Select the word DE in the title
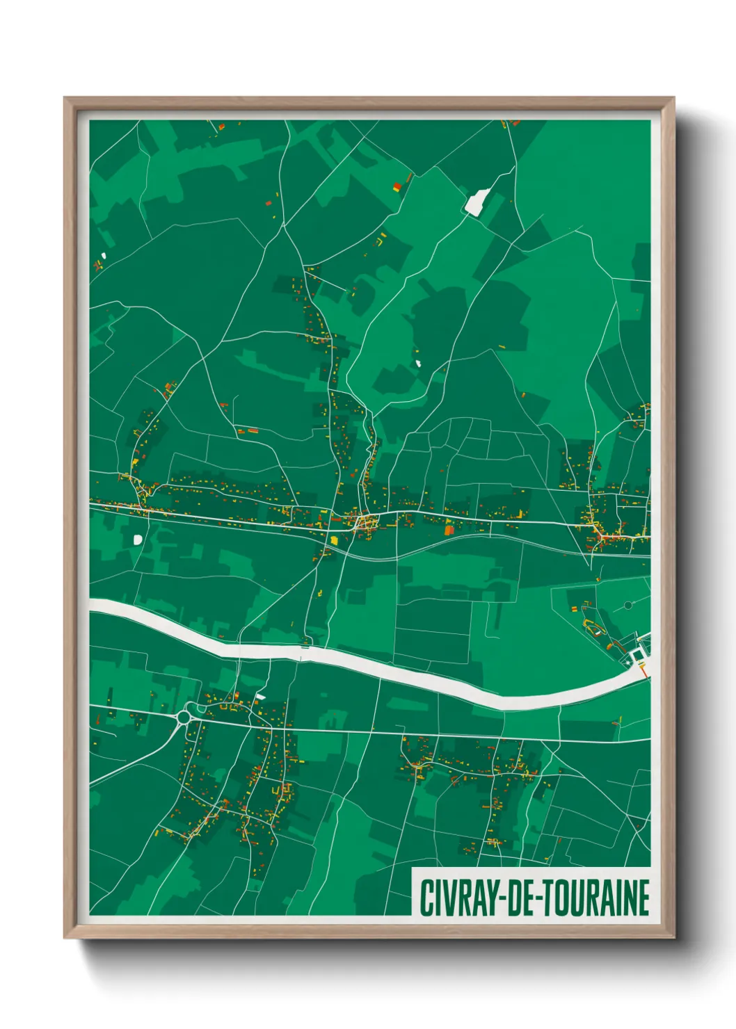point(517,898)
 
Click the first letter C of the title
point(425,898)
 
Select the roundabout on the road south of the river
point(185,715)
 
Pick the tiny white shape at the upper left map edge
point(104,255)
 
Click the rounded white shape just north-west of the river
point(138,539)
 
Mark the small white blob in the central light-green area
point(419,362)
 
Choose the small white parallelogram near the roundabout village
point(260,696)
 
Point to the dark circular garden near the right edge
point(627,605)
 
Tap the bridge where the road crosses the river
point(304,647)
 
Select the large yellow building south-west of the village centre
point(334,540)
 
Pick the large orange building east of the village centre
point(449,530)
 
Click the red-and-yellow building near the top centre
point(397,186)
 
